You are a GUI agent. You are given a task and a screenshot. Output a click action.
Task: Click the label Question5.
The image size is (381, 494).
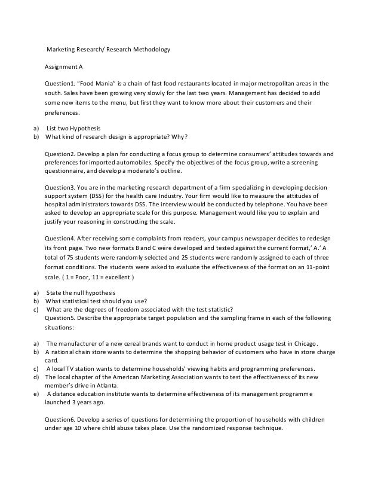click(x=60, y=319)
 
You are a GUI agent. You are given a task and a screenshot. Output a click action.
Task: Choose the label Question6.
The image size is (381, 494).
click(x=60, y=419)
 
